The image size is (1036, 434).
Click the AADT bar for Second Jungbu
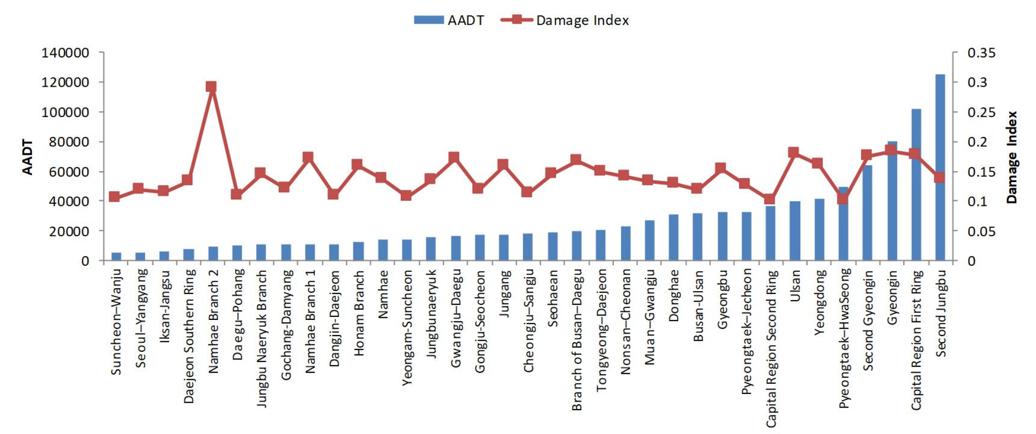click(940, 167)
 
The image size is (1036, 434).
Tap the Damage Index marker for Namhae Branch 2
click(211, 87)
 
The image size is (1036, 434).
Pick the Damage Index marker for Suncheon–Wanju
click(115, 197)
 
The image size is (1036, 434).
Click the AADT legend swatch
click(428, 20)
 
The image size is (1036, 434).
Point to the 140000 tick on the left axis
click(65, 53)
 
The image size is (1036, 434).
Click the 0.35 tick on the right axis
click(981, 53)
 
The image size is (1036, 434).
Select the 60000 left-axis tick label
click(69, 172)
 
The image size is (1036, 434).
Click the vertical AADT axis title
click(27, 157)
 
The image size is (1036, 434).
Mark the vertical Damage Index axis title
click(1012, 157)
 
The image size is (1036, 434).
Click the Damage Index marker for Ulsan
click(794, 153)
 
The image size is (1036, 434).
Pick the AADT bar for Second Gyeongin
click(867, 213)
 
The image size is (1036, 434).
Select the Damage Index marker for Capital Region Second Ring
click(769, 199)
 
